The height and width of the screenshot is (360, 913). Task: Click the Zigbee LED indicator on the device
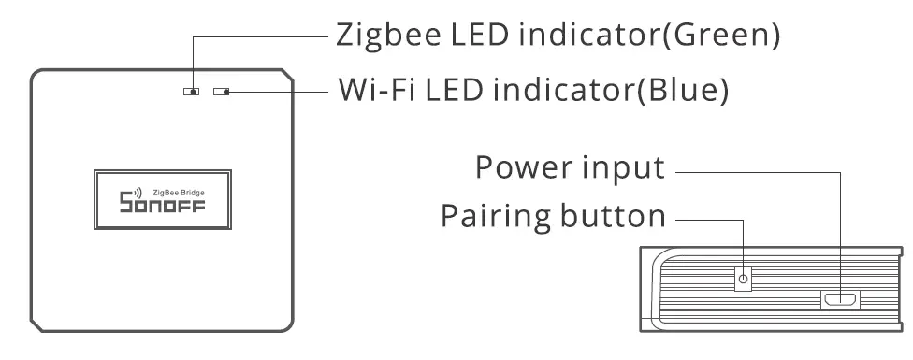point(191,93)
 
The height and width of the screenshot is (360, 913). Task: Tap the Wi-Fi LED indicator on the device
point(223,93)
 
